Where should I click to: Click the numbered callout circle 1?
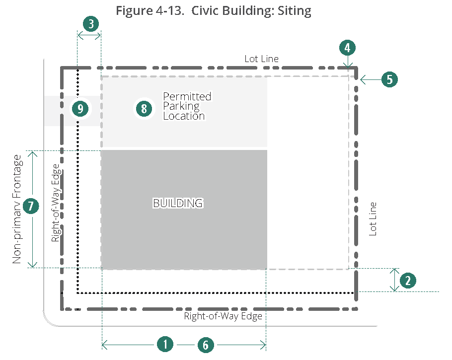[165, 344]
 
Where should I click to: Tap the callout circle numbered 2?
[408, 280]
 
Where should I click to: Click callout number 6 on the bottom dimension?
[206, 344]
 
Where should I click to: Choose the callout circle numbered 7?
[31, 206]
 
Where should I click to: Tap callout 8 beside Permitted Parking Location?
[144, 108]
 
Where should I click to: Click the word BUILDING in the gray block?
[177, 203]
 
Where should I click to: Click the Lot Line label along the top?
[261, 59]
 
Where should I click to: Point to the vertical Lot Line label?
[374, 218]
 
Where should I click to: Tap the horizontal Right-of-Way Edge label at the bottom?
[223, 316]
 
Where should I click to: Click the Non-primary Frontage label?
[17, 209]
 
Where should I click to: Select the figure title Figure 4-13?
[214, 11]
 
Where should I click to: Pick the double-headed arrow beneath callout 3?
[89, 35]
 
